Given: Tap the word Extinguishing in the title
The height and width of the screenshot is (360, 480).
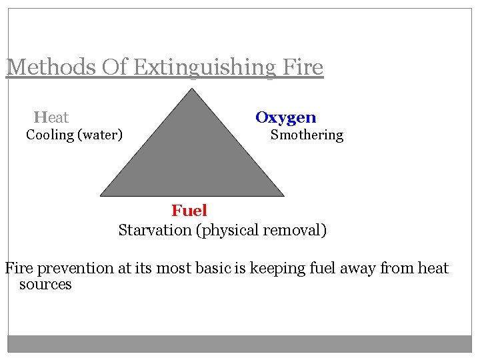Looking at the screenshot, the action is (199, 67).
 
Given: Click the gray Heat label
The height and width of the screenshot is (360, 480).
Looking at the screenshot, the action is (51, 118).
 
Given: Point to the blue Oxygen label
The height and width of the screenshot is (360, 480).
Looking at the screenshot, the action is (286, 118).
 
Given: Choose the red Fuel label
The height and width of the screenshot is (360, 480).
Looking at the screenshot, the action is (189, 211).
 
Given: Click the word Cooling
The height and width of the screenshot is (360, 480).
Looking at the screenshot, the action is (49, 135).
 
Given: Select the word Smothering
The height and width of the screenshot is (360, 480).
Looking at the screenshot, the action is (307, 135).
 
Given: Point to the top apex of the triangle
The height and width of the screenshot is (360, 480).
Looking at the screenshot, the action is (192, 90).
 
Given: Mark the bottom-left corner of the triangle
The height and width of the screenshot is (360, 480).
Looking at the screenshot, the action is (101, 195).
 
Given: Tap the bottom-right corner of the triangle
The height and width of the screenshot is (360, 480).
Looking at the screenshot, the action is (283, 195).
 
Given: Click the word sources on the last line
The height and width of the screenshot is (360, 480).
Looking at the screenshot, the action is (45, 285).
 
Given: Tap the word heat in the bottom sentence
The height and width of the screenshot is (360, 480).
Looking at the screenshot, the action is (433, 269).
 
